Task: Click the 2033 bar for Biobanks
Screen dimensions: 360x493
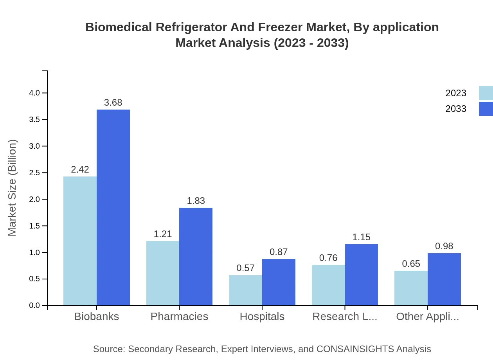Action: [x=113, y=207]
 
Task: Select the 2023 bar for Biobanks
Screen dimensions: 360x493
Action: [x=80, y=241]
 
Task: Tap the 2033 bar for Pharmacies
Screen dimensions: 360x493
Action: [x=196, y=256]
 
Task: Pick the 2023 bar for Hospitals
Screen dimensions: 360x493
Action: [x=245, y=290]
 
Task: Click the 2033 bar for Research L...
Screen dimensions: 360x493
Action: [x=361, y=275]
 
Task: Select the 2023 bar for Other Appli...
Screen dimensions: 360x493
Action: [x=411, y=288]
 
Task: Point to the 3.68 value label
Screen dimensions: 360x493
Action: [x=113, y=103]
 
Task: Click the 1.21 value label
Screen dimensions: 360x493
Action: [x=163, y=234]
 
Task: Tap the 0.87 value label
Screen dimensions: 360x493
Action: [x=279, y=252]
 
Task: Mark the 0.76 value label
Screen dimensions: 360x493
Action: [x=328, y=258]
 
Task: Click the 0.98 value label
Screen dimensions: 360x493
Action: [x=444, y=246]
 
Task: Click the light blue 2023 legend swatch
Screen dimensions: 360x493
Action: [x=486, y=93]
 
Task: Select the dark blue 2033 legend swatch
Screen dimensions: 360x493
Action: [x=486, y=109]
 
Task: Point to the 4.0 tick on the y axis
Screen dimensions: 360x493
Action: [x=34, y=93]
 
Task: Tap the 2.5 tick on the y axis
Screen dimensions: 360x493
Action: [x=34, y=173]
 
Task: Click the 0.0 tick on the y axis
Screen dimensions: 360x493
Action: [x=34, y=306]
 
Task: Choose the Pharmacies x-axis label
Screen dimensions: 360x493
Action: [x=179, y=317]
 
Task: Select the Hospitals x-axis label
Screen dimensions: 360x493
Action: [x=262, y=317]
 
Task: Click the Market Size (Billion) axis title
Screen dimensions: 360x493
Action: [x=13, y=188]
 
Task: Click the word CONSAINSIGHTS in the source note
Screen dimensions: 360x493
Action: [x=355, y=349]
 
